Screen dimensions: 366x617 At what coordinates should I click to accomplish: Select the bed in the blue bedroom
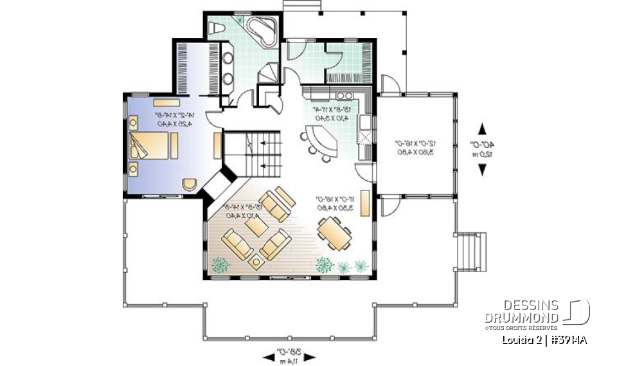[x=153, y=147]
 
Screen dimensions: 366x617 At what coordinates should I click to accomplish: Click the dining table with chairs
[x=334, y=232]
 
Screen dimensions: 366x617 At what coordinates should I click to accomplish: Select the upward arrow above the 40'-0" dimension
[x=481, y=128]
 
